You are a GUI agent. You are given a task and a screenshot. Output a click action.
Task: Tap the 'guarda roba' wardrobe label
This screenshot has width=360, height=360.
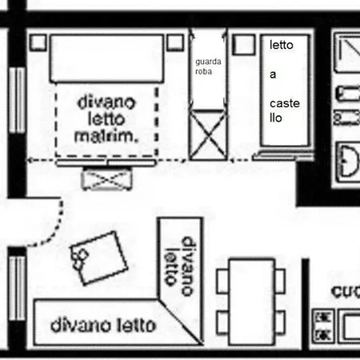point(208,66)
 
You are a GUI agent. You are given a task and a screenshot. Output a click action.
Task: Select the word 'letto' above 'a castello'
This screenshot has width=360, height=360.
point(282,46)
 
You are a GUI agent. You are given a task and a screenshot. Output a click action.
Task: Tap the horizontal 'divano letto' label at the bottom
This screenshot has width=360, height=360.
point(103,326)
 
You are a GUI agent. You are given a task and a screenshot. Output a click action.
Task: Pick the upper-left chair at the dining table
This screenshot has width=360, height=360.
point(224,280)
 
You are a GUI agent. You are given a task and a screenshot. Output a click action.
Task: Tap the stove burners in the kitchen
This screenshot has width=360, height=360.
point(325,325)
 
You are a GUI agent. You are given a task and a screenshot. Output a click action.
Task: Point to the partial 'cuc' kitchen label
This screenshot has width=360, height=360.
point(346,292)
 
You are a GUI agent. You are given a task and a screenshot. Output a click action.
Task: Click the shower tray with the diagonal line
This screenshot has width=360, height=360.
point(348,52)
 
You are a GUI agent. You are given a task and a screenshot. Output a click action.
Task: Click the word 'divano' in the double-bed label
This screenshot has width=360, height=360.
point(105,103)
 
